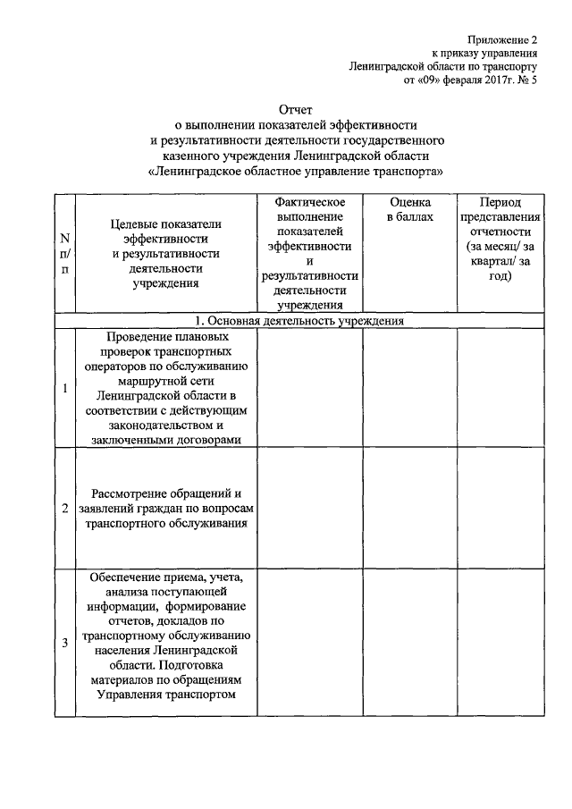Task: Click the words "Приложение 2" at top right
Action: coord(506,40)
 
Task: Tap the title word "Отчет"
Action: coord(297,110)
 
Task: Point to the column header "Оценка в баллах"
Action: coord(409,210)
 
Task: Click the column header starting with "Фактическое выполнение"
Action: coord(310,254)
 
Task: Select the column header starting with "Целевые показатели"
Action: coord(166,254)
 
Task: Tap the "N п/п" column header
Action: coord(64,254)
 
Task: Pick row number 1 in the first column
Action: coord(64,389)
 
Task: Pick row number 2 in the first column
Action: coord(64,509)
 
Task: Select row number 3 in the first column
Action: coord(64,644)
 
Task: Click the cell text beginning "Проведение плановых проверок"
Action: coord(166,389)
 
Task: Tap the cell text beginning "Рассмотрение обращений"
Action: coord(166,509)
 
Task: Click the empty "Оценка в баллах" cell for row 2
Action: coord(409,509)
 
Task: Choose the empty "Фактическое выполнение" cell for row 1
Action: coord(310,389)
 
